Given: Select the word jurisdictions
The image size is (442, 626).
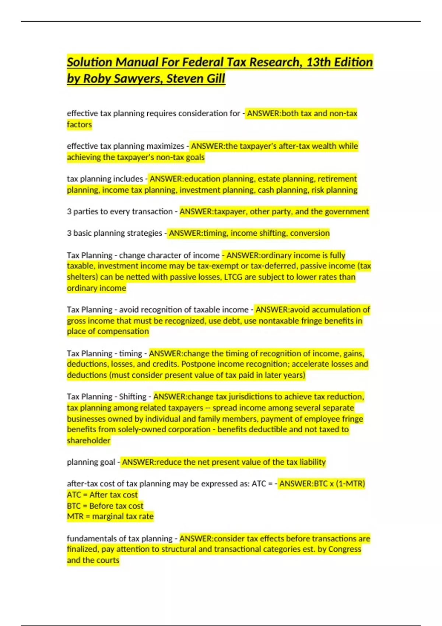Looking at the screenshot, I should click(x=251, y=397).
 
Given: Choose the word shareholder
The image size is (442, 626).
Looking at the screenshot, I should click(x=88, y=440).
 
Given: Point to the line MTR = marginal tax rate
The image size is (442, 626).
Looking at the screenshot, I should click(x=110, y=516).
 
